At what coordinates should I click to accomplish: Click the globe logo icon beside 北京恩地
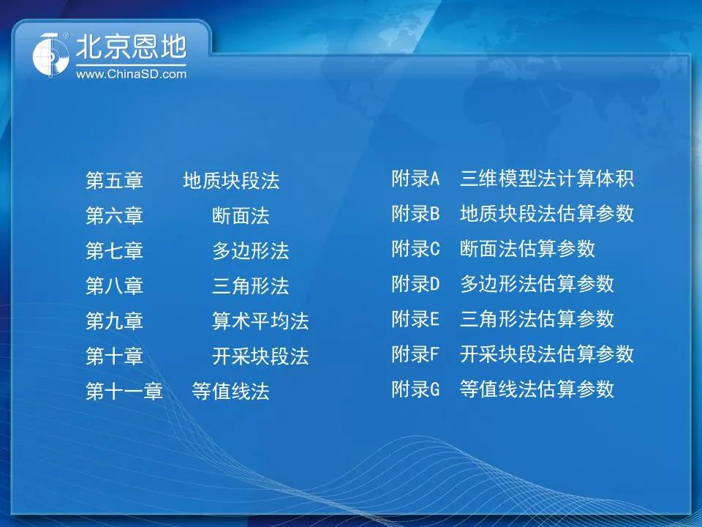coord(50,55)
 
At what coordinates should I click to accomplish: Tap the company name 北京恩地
coord(131,47)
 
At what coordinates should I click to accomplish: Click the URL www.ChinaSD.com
coord(131,74)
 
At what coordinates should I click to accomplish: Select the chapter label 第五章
coord(114,181)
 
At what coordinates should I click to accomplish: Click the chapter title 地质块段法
coord(231,181)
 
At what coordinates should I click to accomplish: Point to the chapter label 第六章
coord(114,215)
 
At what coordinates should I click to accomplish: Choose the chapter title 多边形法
coord(250,250)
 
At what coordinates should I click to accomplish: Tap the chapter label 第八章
coord(114,285)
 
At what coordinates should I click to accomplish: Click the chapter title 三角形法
coord(250,285)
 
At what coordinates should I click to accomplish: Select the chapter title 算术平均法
coord(260,321)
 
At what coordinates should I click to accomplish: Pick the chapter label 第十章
coord(114,356)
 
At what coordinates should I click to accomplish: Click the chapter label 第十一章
coord(124,391)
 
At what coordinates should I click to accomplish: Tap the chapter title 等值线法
coord(230,391)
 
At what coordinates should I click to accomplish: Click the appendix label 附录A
coord(415,179)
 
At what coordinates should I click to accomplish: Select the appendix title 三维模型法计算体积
coord(547,179)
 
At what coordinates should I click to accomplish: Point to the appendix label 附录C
coord(415,249)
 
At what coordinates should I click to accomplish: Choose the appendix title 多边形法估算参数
coord(537,284)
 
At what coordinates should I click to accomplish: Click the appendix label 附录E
coord(415,318)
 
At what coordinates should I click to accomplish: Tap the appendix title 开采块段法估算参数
coord(547,354)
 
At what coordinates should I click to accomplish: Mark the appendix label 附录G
coord(415,389)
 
